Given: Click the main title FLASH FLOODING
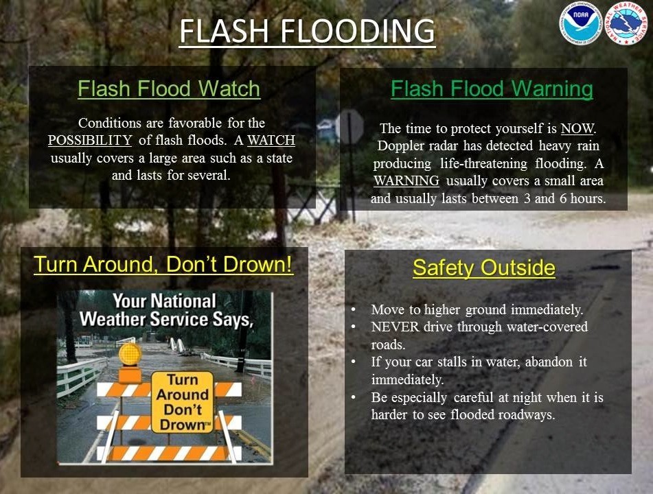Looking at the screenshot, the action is (x=308, y=31).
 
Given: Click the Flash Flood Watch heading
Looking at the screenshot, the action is (x=169, y=89).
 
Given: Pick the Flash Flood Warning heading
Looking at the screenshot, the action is (x=492, y=89).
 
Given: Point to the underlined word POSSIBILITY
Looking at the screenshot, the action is (x=90, y=140).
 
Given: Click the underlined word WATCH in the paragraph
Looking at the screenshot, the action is (x=271, y=140).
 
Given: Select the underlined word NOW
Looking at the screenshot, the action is (x=577, y=128).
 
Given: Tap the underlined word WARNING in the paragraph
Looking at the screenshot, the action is (x=406, y=180).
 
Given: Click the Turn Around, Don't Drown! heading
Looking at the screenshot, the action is (x=163, y=264).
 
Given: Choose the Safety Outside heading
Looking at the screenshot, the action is (x=484, y=268).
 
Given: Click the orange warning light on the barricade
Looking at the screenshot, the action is (x=130, y=355).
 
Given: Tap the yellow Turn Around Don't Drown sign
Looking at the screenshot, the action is (x=183, y=402).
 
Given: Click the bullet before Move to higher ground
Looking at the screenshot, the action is (x=354, y=309).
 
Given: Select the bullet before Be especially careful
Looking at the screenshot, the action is (x=354, y=397).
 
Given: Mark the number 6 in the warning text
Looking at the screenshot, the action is (x=563, y=198).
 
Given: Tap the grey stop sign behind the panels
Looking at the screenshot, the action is (x=350, y=128).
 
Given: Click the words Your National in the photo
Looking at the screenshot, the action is (x=164, y=301).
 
